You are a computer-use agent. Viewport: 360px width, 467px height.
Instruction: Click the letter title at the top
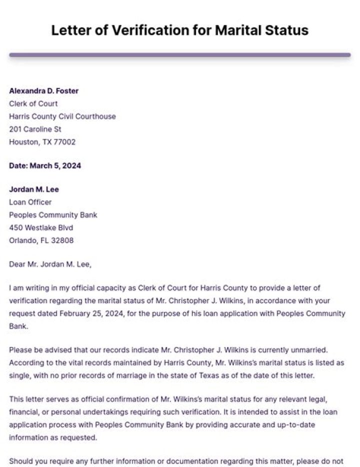(179, 30)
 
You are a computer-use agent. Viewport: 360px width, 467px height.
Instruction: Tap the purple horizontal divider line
(179, 54)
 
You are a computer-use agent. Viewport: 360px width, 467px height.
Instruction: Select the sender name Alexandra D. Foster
(44, 91)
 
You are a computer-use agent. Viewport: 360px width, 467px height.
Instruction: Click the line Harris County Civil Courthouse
(62, 116)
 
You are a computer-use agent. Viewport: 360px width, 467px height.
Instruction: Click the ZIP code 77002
(64, 142)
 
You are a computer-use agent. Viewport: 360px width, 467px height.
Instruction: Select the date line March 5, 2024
(45, 166)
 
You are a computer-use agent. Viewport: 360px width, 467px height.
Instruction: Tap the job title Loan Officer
(30, 202)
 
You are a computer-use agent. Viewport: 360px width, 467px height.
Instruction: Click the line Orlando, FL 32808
(41, 240)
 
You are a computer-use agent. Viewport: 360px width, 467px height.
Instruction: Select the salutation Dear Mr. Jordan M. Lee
(50, 264)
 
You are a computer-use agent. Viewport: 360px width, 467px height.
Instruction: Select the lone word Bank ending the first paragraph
(17, 326)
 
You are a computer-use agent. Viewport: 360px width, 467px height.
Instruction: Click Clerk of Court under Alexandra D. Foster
(33, 103)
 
